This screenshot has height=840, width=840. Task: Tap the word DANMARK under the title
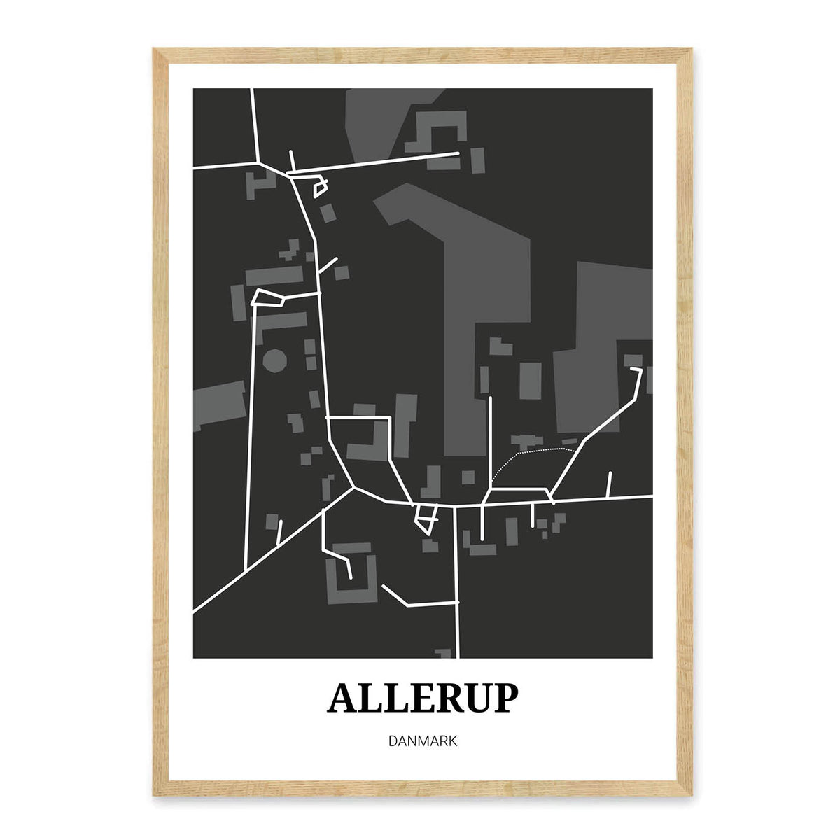click(423, 741)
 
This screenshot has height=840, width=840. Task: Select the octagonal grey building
click(274, 361)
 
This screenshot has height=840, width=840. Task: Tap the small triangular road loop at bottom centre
click(425, 518)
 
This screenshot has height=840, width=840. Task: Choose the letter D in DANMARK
click(392, 741)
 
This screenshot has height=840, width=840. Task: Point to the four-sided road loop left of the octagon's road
click(268, 297)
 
